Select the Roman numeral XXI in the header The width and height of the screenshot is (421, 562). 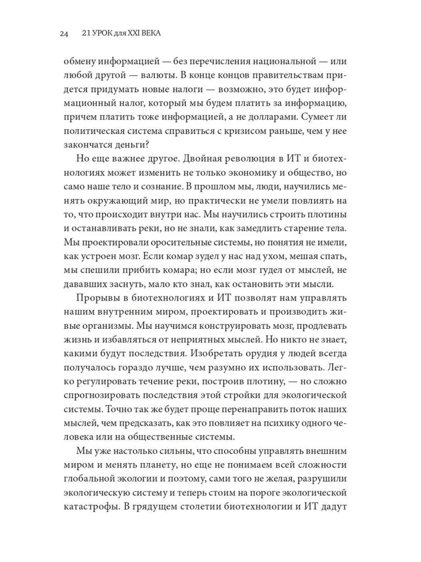(x=138, y=34)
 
